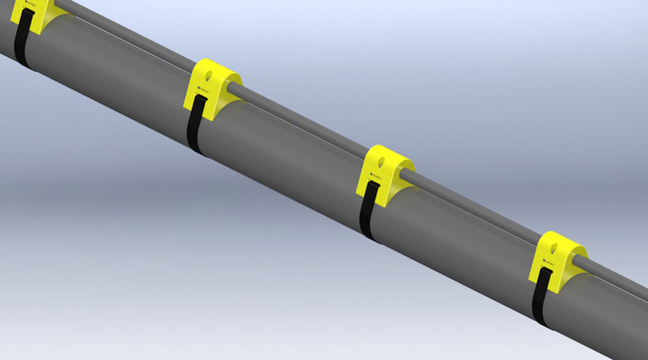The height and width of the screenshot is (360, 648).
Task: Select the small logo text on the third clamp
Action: coord(373,185)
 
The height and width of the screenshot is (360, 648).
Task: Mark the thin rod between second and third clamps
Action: coord(306,126)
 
